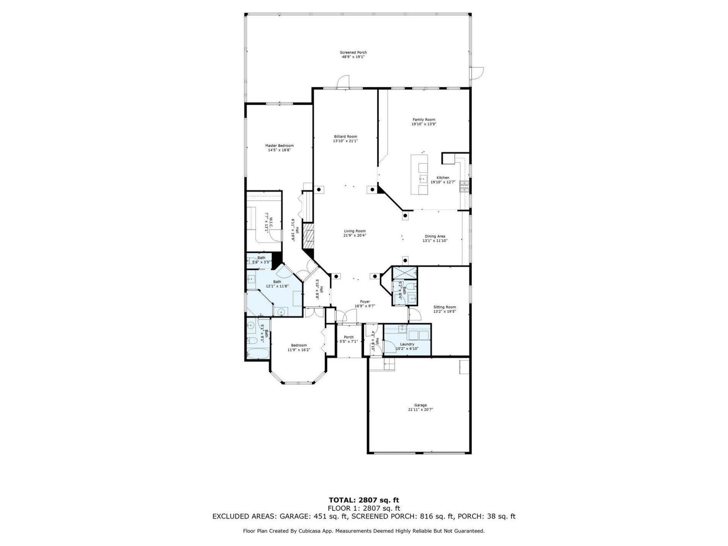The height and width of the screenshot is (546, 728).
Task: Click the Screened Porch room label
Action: click(353, 52)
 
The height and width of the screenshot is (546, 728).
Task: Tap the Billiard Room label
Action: click(345, 136)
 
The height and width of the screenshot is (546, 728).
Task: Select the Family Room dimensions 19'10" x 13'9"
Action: click(424, 124)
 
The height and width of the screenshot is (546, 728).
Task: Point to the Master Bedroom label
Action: click(279, 146)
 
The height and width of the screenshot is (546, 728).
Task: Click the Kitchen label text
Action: click(442, 177)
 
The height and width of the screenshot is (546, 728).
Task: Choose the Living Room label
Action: click(355, 231)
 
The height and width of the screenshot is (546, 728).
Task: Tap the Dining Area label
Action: click(435, 236)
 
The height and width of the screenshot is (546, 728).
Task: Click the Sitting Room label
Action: click(444, 307)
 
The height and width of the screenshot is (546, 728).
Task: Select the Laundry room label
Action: click(407, 344)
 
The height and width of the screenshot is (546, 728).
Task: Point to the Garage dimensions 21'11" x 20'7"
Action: click(420, 409)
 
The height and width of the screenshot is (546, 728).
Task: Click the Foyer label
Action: click(365, 301)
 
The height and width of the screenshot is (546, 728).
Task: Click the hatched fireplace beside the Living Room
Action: click(308, 236)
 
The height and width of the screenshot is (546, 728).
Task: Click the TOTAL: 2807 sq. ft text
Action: click(364, 500)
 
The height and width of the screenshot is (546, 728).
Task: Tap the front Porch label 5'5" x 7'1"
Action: click(348, 339)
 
